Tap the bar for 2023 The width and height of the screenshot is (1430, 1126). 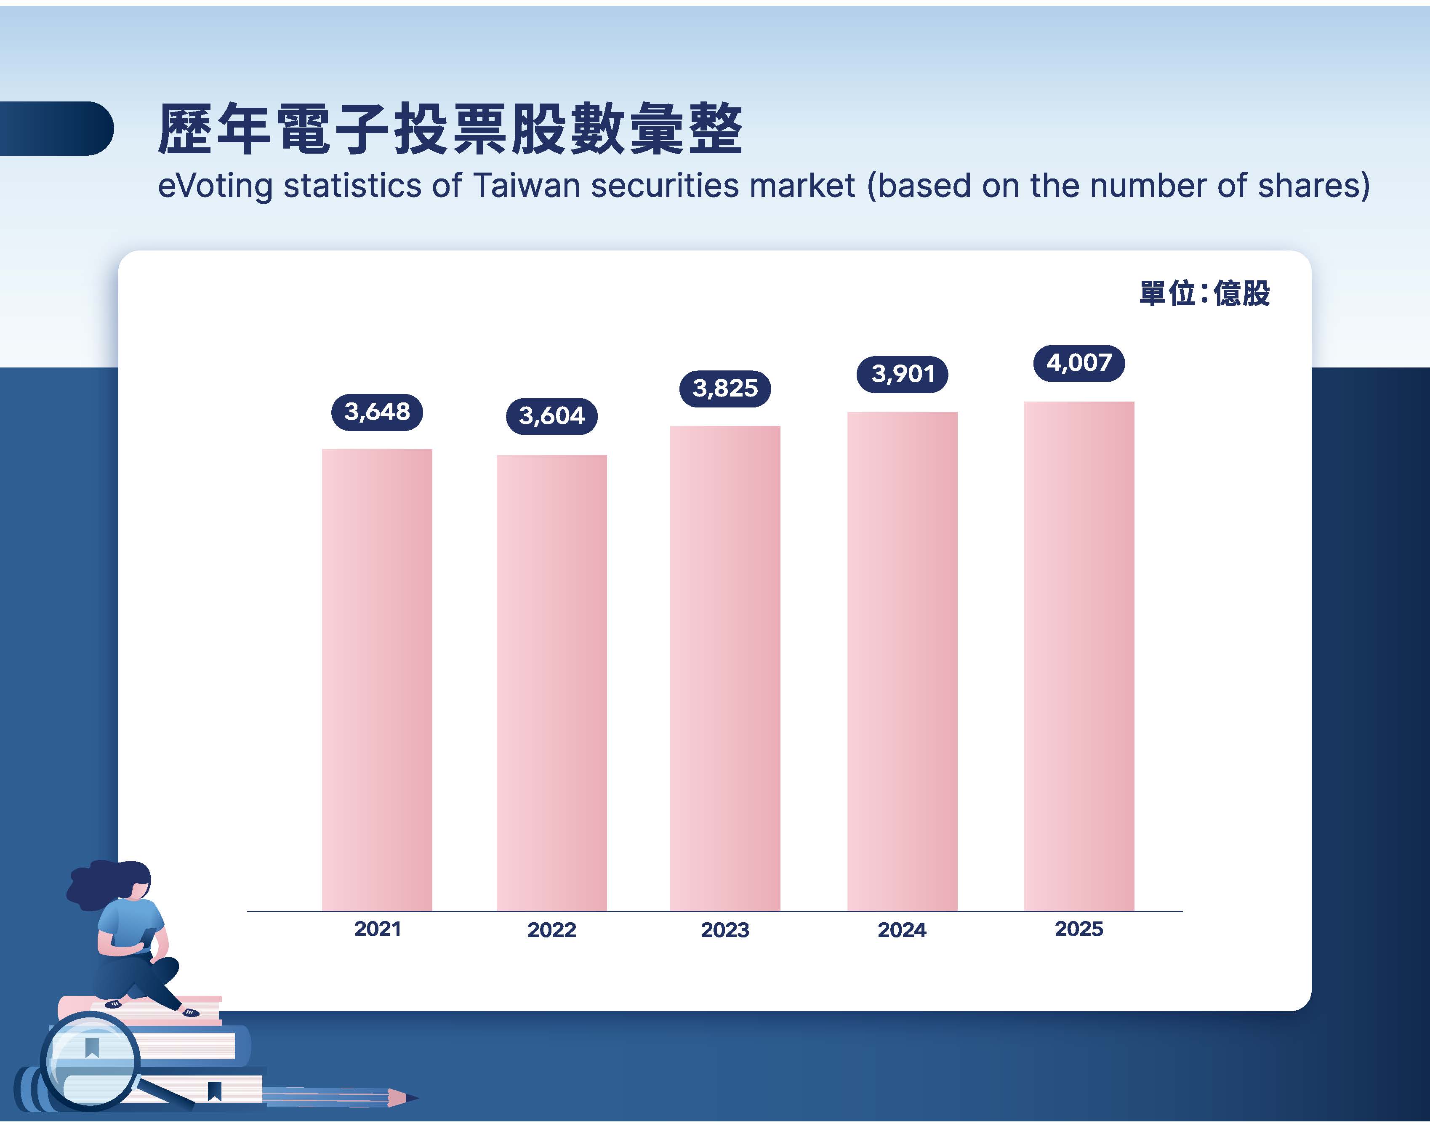[725, 668]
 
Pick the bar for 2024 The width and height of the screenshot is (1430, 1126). [903, 661]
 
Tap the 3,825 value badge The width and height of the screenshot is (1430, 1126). [725, 388]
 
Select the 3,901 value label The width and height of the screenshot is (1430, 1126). [903, 375]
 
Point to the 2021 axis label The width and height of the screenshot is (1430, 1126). [378, 929]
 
